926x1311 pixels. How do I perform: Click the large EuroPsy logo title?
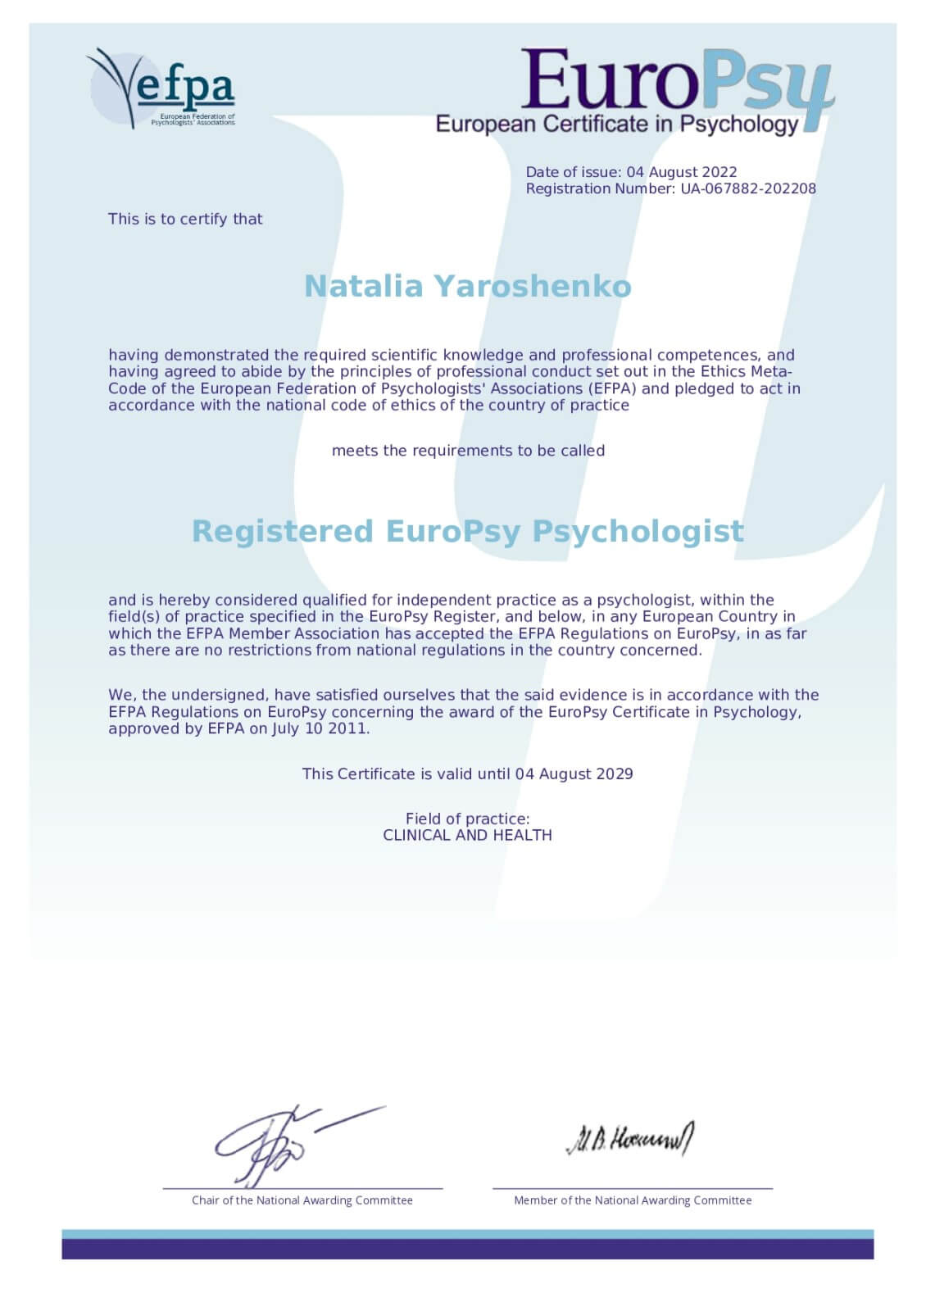coord(676,82)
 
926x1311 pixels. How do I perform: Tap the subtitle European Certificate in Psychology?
coord(616,125)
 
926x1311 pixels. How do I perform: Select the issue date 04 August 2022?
coord(682,172)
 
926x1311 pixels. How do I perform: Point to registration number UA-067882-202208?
coord(748,188)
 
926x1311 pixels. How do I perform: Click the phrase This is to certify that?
coord(185,219)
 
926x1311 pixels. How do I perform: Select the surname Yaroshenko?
coord(533,286)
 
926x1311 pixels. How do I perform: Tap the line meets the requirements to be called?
coord(468,451)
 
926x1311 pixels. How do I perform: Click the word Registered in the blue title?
coord(282,531)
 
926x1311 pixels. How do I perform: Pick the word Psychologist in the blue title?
coord(638,531)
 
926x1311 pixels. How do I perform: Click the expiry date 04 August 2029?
coord(574,773)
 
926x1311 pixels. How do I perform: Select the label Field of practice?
coord(467,819)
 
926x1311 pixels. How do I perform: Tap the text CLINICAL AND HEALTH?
coord(467,835)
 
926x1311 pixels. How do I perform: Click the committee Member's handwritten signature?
coord(629,1139)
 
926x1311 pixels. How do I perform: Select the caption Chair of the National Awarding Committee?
coord(302,1200)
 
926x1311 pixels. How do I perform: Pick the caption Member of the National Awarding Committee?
coord(632,1200)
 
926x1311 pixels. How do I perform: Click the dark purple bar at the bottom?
coord(467,1249)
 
